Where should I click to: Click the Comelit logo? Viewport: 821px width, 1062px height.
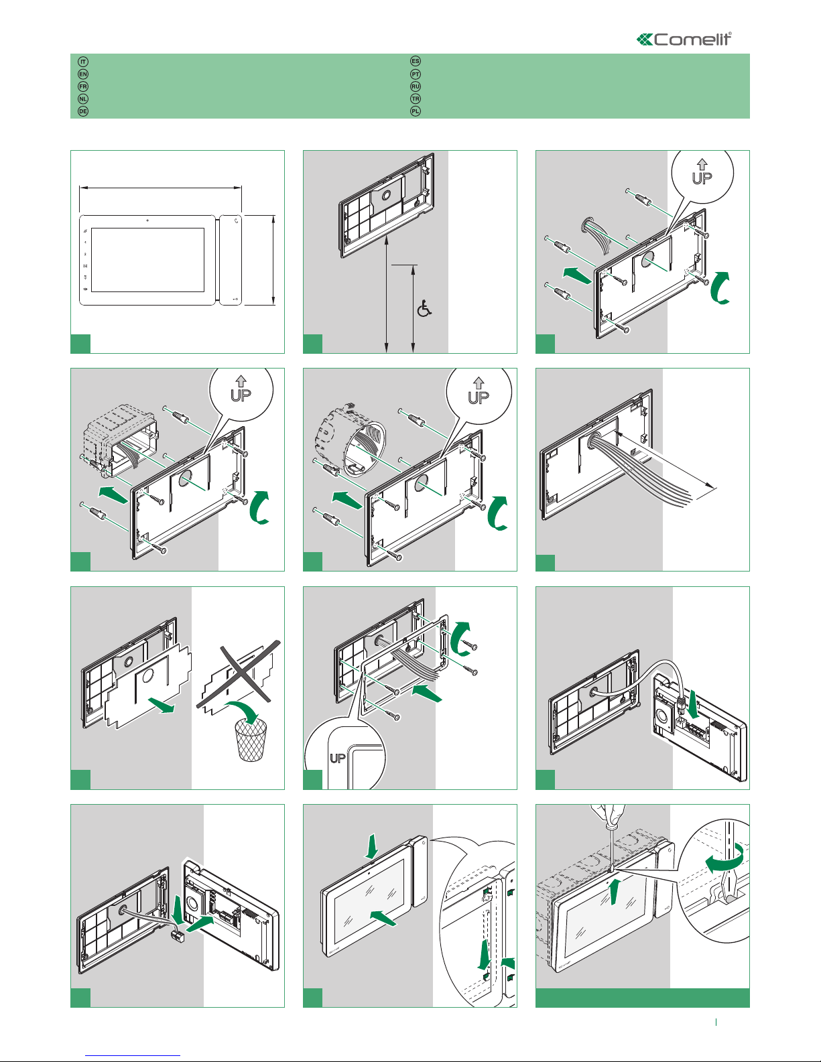[x=684, y=40]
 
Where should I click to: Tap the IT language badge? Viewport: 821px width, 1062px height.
[x=83, y=62]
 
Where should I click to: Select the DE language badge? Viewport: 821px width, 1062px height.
[x=83, y=111]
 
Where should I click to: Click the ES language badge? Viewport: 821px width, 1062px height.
[x=416, y=62]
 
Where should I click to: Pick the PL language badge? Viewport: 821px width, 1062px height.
[x=416, y=111]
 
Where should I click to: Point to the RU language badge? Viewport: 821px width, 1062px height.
[x=416, y=86]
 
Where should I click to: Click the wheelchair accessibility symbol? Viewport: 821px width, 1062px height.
[x=424, y=308]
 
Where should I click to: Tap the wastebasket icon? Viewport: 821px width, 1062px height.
[x=252, y=740]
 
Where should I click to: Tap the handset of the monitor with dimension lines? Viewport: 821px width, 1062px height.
[x=231, y=259]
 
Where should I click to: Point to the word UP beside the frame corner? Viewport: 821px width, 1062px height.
[x=338, y=758]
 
